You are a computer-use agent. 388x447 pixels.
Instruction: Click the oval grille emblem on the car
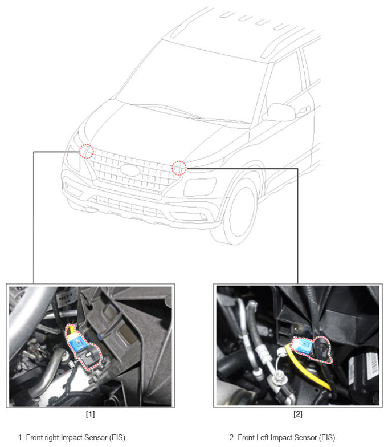point(130,170)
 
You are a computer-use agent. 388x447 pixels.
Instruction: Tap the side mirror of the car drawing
point(279,112)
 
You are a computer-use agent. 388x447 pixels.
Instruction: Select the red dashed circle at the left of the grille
point(87,151)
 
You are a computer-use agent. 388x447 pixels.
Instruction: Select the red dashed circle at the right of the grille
point(179,168)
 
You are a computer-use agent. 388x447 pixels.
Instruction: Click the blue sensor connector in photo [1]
point(76,342)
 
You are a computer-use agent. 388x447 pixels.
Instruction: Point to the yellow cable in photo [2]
point(307,368)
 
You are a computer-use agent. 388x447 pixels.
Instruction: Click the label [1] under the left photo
point(90,414)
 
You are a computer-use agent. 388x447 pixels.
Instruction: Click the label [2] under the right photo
point(297,414)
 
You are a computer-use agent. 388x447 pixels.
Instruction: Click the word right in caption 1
point(52,438)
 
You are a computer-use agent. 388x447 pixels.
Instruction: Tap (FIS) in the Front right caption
point(117,438)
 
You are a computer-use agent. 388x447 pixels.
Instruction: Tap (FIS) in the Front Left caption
point(327,438)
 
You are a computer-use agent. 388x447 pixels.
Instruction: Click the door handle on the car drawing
point(305,109)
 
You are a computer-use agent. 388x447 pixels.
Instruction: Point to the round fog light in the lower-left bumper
point(66,185)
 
